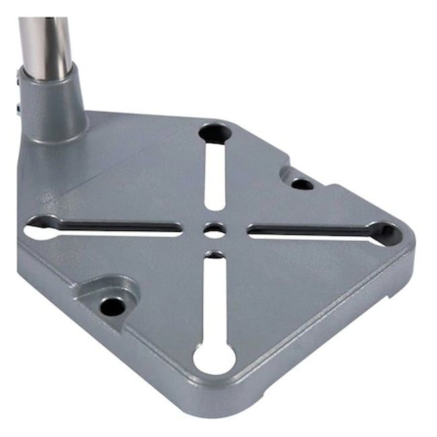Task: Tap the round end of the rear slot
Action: [213, 132]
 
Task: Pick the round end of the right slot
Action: [383, 232]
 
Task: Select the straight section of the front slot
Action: [214, 296]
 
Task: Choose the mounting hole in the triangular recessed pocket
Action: [112, 307]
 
